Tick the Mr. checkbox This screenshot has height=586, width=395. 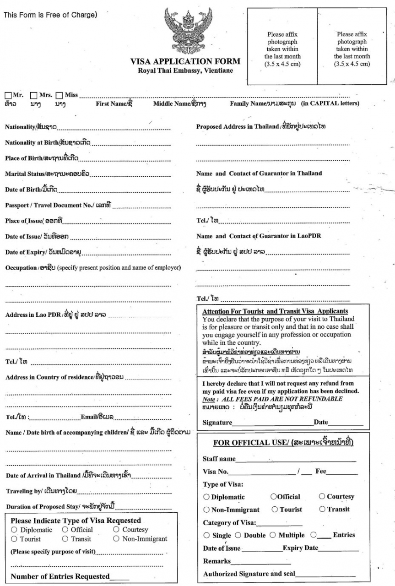(x=8, y=96)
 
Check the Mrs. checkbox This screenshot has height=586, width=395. (x=34, y=96)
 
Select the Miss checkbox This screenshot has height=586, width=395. (x=60, y=96)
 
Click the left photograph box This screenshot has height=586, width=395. (x=282, y=46)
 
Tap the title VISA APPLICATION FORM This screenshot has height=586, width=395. (x=185, y=61)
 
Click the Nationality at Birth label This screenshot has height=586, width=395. (x=47, y=143)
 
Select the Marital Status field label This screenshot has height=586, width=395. (x=47, y=174)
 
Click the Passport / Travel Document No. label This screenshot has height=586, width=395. (x=58, y=206)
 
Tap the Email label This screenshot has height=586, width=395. (x=97, y=417)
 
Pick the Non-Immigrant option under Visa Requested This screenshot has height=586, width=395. (x=116, y=539)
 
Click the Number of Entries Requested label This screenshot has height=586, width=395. (x=60, y=576)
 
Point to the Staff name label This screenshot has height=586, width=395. (x=219, y=459)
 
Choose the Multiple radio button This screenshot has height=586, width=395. (x=273, y=535)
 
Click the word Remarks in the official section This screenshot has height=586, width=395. (x=216, y=561)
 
